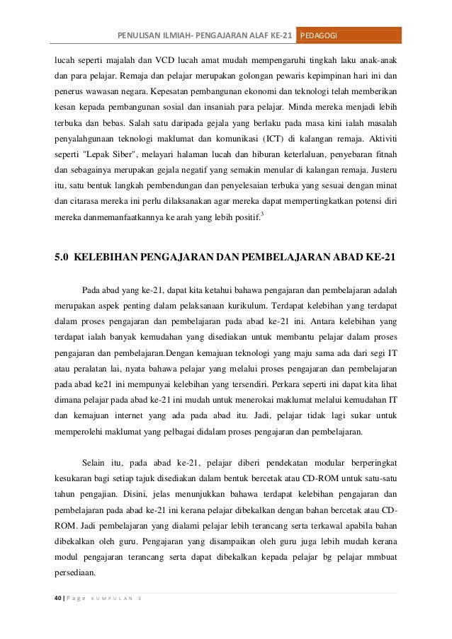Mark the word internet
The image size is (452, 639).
click(146, 411)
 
